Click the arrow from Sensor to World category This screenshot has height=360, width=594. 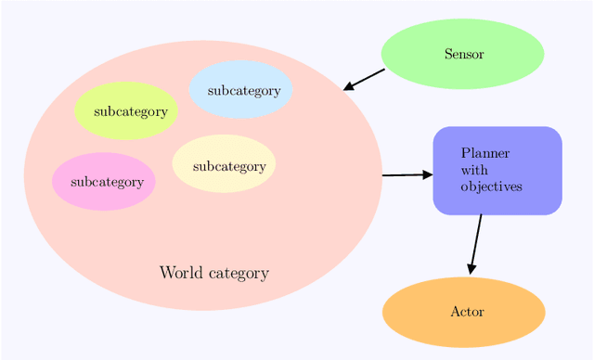(x=365, y=79)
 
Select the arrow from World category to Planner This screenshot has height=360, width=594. (x=407, y=174)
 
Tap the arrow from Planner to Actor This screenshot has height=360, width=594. (x=476, y=243)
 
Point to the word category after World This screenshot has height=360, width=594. (x=239, y=274)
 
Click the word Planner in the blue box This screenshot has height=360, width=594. (x=484, y=153)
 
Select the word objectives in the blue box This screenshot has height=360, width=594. (x=491, y=186)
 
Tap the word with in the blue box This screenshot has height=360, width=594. (x=473, y=170)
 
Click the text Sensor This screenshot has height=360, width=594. (x=463, y=54)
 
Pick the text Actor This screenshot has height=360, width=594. (x=467, y=312)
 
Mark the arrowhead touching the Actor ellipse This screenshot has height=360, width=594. (x=471, y=269)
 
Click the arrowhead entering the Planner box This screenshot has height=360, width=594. (x=427, y=174)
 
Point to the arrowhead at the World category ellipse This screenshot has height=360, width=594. (x=349, y=86)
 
